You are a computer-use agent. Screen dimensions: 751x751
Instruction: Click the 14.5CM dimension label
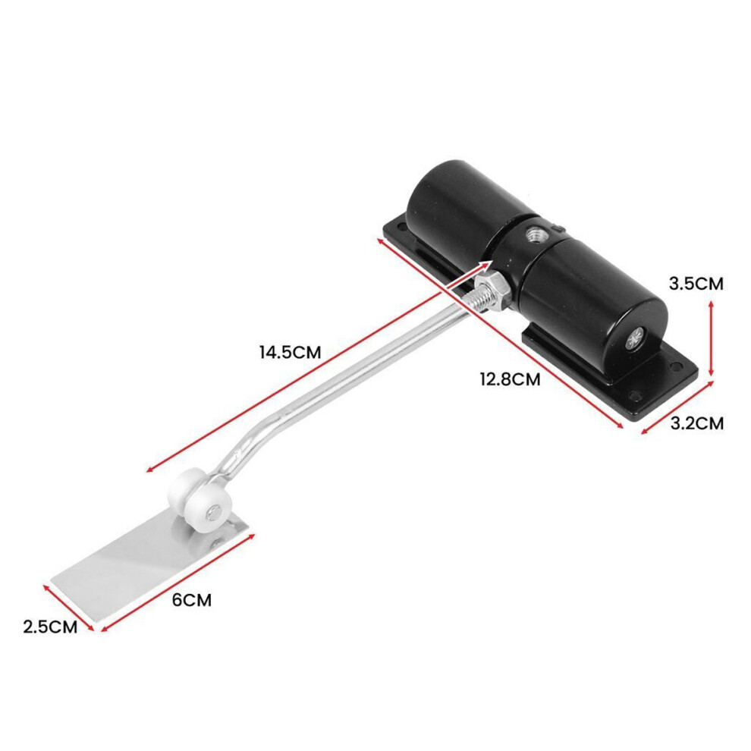(x=291, y=352)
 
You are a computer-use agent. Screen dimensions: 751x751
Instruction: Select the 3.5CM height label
(x=696, y=284)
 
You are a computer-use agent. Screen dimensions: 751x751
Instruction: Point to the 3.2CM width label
(x=697, y=423)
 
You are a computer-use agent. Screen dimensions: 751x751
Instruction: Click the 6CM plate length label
(x=192, y=599)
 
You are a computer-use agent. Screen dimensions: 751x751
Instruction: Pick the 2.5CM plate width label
(x=50, y=627)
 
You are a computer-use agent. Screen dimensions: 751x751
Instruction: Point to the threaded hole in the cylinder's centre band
(x=532, y=234)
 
